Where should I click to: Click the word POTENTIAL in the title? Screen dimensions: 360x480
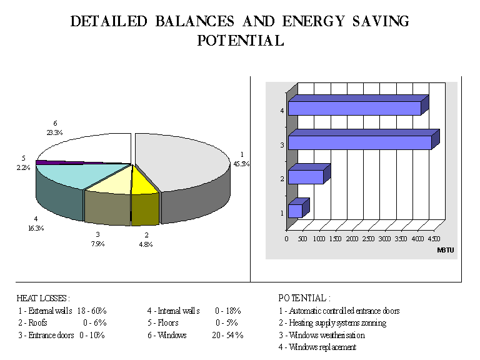(240, 41)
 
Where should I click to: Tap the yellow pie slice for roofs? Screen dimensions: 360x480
(143, 181)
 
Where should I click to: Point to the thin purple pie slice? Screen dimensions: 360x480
(62, 162)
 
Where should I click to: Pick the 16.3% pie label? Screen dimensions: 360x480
(36, 229)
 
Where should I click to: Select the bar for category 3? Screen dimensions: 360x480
(359, 142)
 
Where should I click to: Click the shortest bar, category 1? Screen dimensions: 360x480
(295, 211)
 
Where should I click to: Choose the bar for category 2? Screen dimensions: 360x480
(306, 177)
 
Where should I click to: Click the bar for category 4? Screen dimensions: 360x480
(354, 108)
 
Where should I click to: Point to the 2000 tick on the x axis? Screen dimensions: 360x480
(352, 239)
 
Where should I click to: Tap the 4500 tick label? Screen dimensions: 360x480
(433, 239)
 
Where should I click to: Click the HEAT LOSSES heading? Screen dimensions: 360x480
(43, 298)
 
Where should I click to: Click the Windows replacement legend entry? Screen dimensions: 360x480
(317, 347)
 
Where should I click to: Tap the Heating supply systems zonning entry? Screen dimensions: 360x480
(332, 323)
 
